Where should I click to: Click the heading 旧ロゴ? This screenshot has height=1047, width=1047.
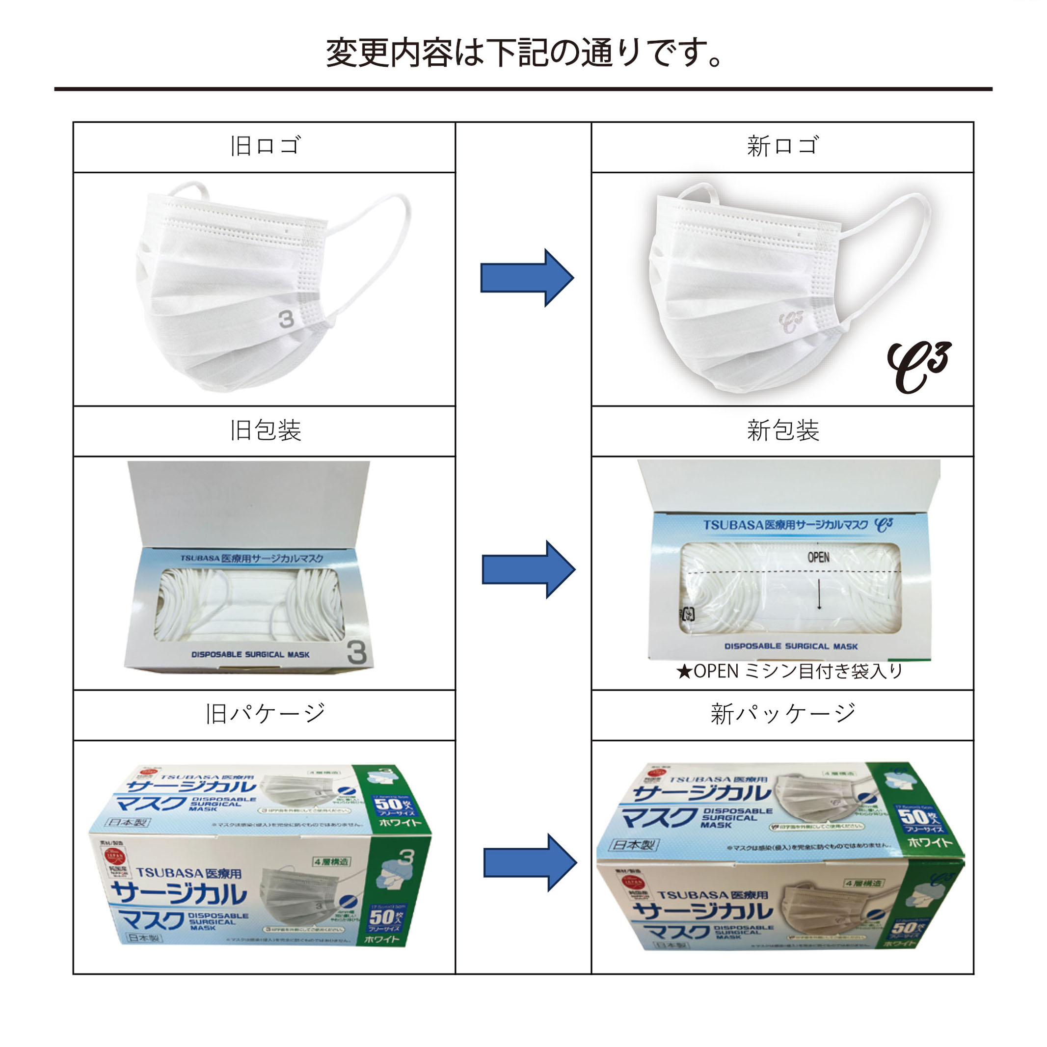265,146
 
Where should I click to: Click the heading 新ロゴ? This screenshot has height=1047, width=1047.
782,146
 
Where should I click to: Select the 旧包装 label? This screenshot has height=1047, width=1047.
265,430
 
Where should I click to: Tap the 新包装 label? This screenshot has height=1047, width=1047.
782,430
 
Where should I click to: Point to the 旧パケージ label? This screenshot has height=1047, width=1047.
265,714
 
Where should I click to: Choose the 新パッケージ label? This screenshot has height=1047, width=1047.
782,714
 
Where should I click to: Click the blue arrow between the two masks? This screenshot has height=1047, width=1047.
526,278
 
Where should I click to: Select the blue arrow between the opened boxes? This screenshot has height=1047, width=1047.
528,569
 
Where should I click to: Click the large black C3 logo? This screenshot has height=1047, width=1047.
918,367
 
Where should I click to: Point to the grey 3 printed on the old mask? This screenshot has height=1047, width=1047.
286,319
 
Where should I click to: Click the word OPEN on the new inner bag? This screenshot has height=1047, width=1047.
818,557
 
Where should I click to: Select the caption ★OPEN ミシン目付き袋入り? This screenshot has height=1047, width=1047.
789,671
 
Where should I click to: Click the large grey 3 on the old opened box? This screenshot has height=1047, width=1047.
356,652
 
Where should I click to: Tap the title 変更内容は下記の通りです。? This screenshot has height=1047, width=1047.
523,53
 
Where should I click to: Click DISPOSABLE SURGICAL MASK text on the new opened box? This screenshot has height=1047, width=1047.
791,646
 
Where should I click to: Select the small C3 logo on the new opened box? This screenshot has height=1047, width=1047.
884,524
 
